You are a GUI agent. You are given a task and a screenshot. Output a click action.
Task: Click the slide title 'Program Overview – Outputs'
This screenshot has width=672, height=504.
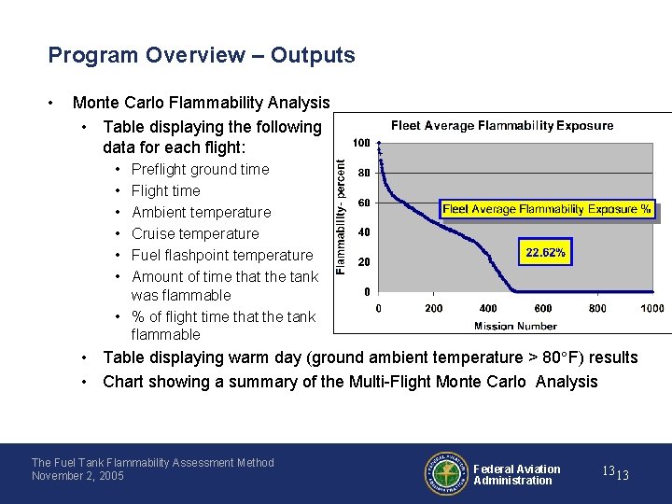[202, 55]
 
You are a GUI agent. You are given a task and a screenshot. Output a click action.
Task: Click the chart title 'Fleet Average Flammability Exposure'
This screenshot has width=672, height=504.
[502, 125]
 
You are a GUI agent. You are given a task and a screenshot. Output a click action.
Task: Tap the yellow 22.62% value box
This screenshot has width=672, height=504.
[545, 253]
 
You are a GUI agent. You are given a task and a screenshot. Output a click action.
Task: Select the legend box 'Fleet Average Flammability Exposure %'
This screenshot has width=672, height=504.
[547, 210]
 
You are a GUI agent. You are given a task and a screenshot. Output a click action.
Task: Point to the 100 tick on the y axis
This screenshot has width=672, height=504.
[360, 143]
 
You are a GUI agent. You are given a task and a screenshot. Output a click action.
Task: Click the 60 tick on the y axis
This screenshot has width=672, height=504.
[364, 203]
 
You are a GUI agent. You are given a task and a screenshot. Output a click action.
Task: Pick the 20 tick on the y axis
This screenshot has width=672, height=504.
[364, 261]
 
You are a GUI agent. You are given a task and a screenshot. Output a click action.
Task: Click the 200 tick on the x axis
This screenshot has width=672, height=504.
[433, 308]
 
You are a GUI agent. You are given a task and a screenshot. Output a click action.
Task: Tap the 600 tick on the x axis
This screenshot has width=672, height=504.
[543, 308]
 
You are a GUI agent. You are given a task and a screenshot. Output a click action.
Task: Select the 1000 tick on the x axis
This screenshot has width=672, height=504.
[651, 308]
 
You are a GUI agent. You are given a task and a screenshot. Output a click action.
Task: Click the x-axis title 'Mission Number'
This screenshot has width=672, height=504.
[515, 326]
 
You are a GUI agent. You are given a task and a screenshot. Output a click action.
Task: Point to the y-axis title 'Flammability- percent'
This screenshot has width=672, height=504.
[342, 215]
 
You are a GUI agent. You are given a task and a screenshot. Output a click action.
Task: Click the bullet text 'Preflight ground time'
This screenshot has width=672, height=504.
[200, 169]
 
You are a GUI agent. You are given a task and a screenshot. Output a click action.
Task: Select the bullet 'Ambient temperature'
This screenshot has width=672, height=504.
[201, 212]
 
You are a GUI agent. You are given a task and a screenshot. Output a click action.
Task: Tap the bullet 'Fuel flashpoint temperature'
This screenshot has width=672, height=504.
[222, 255]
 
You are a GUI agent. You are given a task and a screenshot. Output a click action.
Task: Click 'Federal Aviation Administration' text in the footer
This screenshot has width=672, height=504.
[516, 474]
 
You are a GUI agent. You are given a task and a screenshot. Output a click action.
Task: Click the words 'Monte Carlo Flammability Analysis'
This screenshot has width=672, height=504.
[201, 103]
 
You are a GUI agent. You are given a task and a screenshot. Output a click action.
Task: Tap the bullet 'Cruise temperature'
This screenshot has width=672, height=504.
[195, 233]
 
